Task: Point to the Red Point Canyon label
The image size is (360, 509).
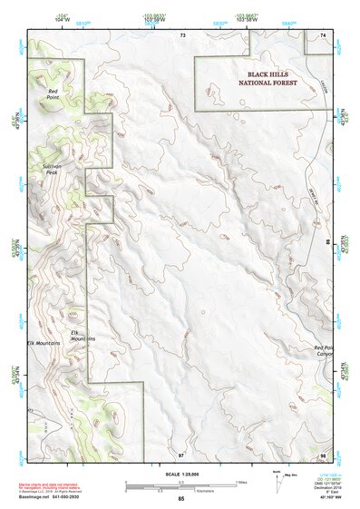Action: [326, 351]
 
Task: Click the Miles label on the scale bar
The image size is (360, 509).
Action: [240, 482]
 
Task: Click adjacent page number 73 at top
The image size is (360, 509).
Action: [182, 34]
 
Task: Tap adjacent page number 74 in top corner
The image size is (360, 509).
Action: [323, 34]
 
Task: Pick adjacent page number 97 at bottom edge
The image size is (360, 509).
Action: [181, 454]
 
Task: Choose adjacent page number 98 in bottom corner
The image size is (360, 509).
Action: [323, 454]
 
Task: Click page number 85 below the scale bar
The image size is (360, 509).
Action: [181, 499]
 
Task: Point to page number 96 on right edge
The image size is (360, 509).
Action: [327, 243]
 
